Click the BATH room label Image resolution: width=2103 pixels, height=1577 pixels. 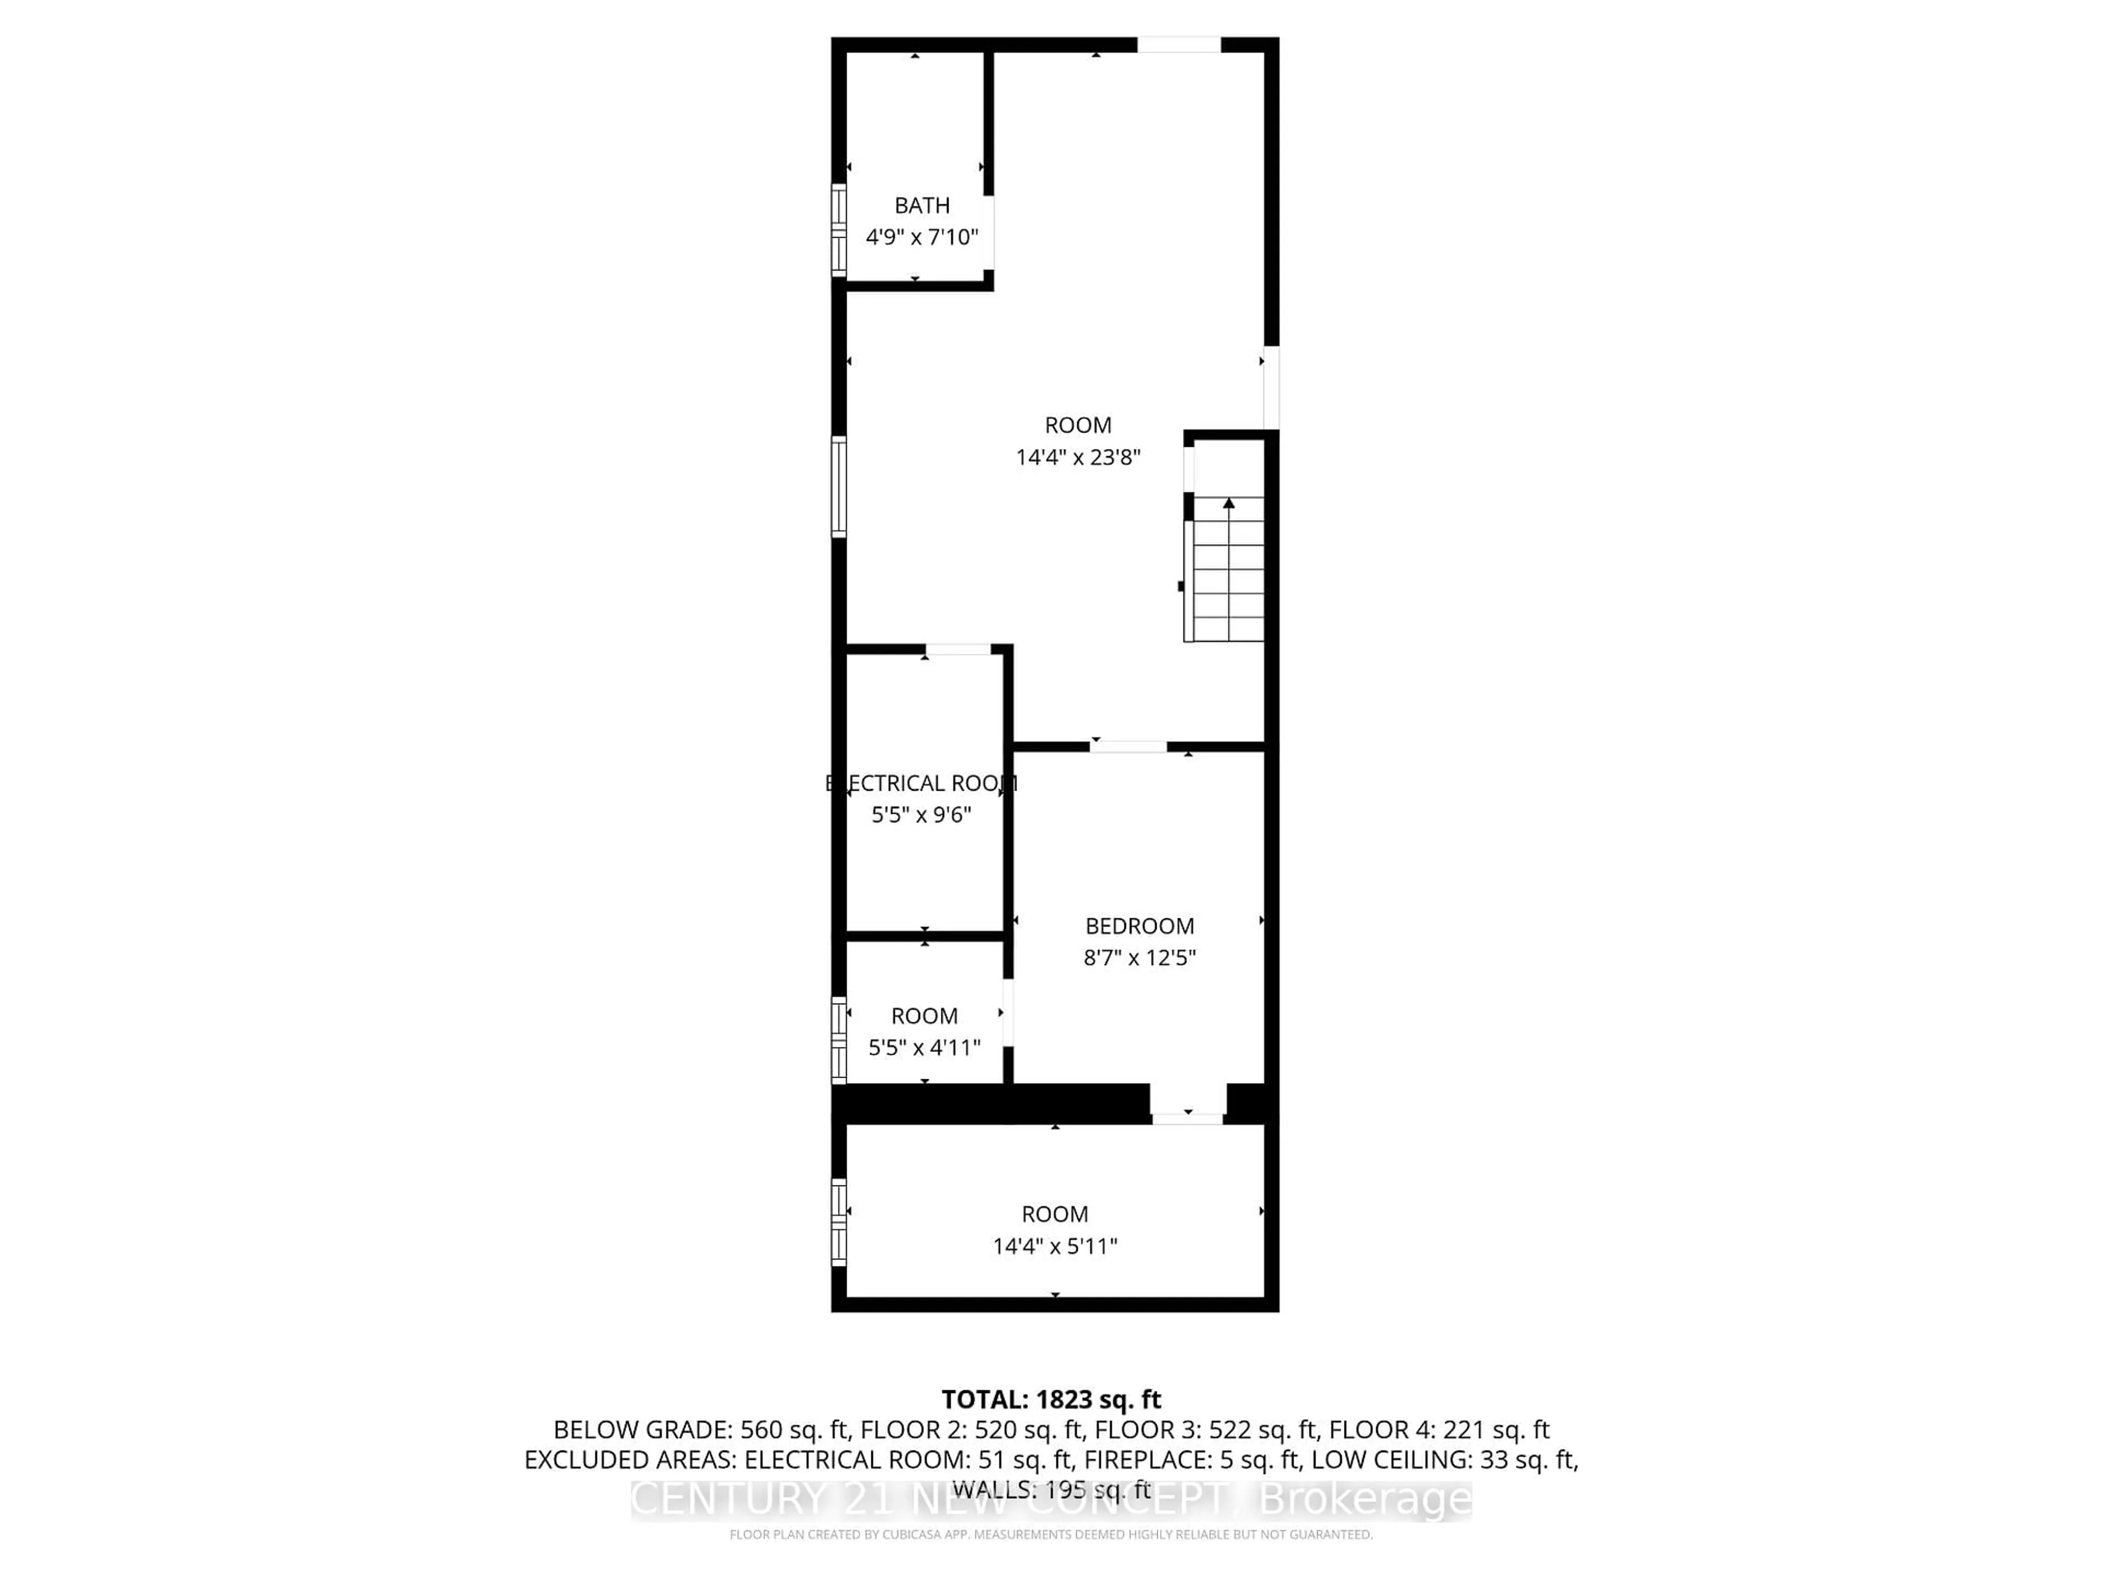point(921,205)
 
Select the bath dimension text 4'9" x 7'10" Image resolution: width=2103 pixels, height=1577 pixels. point(921,237)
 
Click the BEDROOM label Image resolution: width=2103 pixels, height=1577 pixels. point(1139,926)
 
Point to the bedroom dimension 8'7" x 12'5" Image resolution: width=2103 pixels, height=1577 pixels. point(1139,957)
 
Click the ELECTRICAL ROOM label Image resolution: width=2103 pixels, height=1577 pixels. point(921,783)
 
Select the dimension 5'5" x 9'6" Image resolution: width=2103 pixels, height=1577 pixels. point(921,815)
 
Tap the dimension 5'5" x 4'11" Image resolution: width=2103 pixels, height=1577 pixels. point(924,1048)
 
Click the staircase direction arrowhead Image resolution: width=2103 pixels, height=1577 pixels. point(1228,503)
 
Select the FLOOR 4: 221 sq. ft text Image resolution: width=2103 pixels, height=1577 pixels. point(1439,1430)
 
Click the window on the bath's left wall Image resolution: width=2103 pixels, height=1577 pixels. point(838,230)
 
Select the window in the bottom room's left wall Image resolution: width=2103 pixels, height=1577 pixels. point(838,1222)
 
